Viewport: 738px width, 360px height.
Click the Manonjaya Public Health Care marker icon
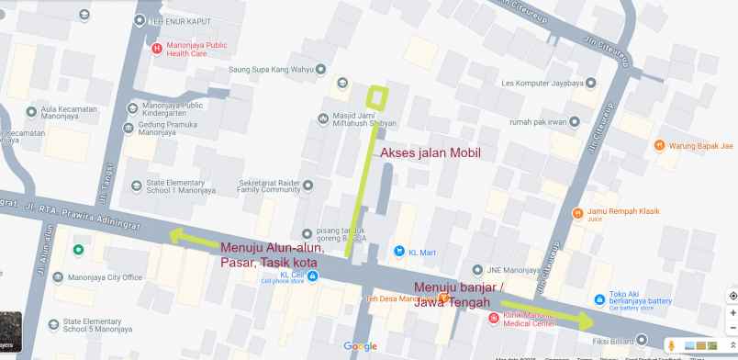[156, 48]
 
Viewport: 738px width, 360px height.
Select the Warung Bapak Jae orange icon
[659, 145]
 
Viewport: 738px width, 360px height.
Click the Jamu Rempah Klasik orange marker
[576, 214]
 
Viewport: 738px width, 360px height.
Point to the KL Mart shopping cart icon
[398, 251]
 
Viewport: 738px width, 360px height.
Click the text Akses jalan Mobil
[430, 153]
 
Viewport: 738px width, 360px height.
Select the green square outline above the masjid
[376, 96]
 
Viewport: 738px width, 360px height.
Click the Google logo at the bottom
[360, 346]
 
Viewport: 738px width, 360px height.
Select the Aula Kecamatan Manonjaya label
[69, 113]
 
